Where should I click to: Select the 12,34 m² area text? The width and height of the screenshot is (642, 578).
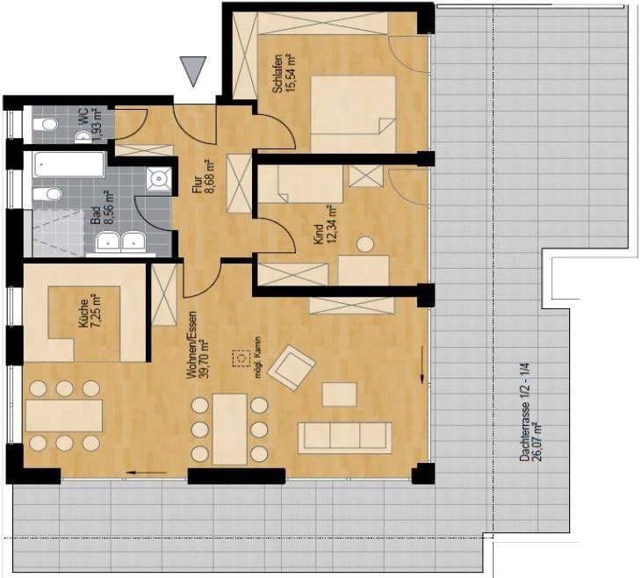tap(332, 226)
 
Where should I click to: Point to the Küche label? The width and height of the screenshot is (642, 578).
tap(83, 313)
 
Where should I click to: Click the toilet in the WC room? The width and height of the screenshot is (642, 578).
tap(45, 126)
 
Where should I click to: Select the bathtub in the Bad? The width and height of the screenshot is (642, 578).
tap(69, 164)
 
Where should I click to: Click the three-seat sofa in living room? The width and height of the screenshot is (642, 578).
tap(344, 437)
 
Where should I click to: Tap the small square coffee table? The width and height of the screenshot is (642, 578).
tap(339, 394)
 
